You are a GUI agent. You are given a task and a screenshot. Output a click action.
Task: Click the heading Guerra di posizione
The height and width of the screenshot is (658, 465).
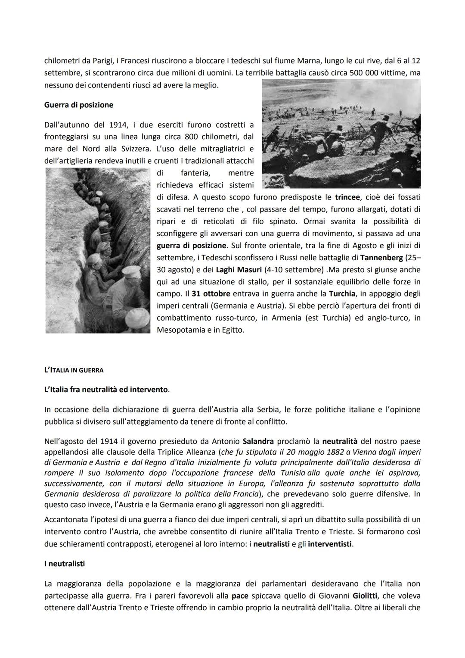[x=78, y=105]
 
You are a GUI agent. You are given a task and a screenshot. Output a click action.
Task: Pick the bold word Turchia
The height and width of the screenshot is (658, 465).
[x=342, y=294]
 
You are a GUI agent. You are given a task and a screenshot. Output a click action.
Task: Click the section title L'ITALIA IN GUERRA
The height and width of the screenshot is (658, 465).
[x=74, y=370]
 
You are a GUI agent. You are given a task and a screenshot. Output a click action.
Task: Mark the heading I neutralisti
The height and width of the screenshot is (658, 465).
[x=65, y=564]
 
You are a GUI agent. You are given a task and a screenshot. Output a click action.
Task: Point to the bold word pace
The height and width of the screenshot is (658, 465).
[x=240, y=596]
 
